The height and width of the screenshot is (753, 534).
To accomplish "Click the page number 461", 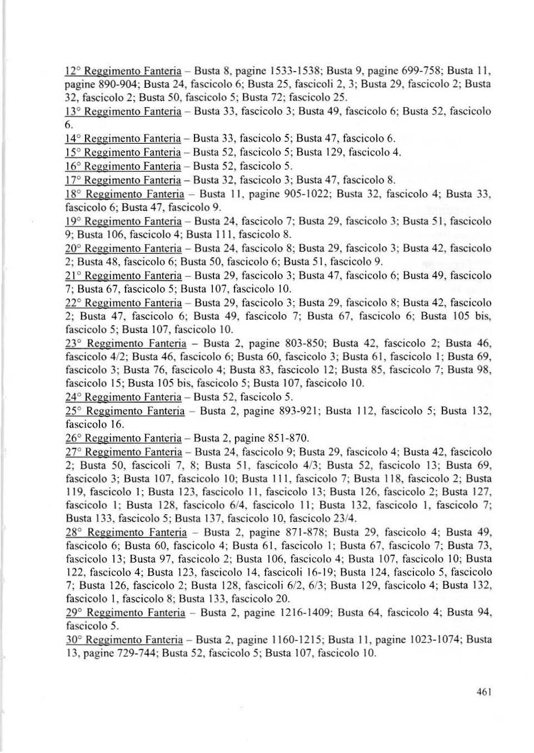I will click(484, 692).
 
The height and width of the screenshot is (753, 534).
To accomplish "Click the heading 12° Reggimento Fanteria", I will click(123, 71).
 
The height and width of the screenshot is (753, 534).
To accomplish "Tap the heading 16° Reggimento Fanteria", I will click(123, 166).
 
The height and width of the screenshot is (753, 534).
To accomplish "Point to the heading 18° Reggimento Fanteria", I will click(124, 194).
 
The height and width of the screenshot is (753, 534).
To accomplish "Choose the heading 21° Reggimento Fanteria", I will click(123, 275).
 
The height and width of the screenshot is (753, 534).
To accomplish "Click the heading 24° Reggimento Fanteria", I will click(123, 397).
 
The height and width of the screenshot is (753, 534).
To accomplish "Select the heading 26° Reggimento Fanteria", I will click(123, 438).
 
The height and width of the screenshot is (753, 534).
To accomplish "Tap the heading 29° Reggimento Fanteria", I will click(125, 613).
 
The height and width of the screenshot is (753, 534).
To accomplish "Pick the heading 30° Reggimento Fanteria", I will click(124, 640).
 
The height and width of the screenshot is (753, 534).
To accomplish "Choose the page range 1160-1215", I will click(297, 640).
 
